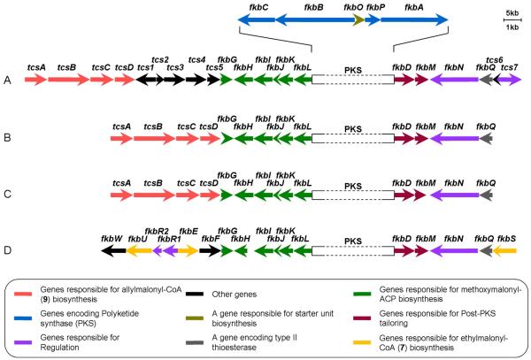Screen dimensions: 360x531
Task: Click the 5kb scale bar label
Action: (512, 14)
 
